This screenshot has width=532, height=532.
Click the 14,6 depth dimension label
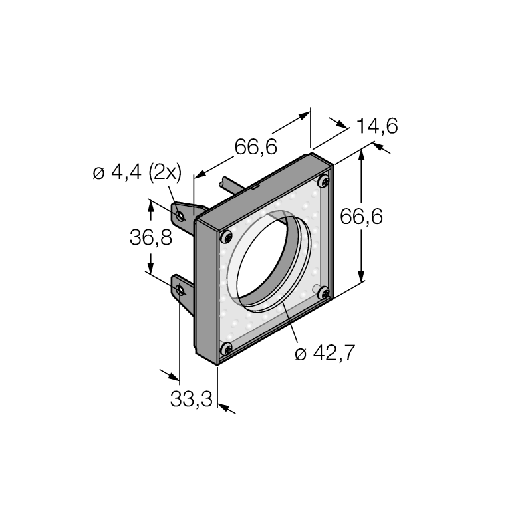point(377,126)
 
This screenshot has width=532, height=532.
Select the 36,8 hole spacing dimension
point(151,237)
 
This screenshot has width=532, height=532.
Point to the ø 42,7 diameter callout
point(325,353)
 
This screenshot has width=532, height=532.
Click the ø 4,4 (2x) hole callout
point(138,172)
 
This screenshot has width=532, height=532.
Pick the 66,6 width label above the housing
point(256,147)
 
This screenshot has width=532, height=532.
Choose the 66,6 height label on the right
point(361,217)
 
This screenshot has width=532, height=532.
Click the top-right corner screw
point(324,181)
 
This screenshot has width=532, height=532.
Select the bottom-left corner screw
point(225,348)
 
